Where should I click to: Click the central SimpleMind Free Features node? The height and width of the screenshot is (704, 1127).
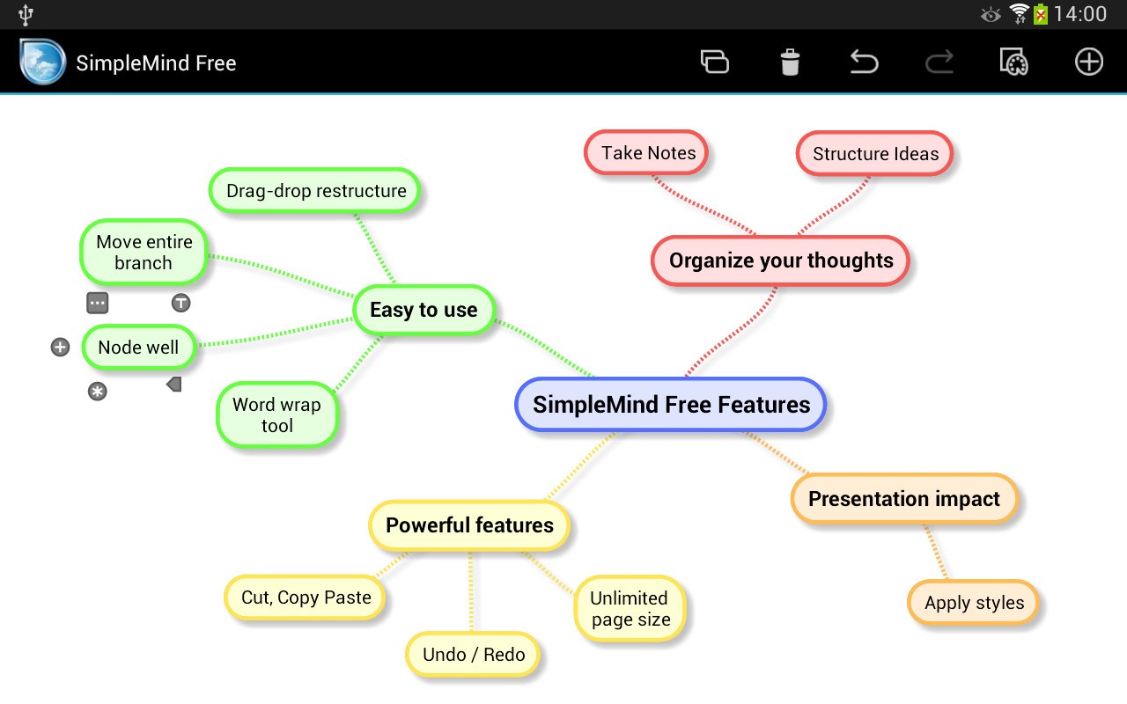[671, 405]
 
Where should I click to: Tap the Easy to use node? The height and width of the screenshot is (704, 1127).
[424, 310]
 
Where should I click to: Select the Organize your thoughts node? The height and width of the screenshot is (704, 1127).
[781, 260]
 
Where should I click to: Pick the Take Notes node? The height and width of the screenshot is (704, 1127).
[648, 153]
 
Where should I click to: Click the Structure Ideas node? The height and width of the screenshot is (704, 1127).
[875, 154]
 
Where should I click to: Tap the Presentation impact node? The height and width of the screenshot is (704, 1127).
[904, 499]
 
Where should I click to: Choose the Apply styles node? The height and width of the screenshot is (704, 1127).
[974, 604]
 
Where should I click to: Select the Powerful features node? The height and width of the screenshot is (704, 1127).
[469, 525]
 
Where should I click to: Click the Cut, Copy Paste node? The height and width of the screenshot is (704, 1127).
[306, 598]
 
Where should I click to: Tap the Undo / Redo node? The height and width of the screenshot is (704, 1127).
[474, 655]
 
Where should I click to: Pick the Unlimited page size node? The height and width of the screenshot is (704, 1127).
[630, 609]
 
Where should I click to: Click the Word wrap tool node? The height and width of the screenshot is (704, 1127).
[276, 415]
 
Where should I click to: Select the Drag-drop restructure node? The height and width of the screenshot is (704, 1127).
[315, 191]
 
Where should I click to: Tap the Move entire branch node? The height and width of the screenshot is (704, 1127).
[144, 253]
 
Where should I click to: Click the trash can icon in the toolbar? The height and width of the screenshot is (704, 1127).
[790, 62]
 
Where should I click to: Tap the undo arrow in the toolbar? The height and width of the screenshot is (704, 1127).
[865, 62]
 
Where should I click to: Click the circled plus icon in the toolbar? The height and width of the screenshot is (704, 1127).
[1089, 62]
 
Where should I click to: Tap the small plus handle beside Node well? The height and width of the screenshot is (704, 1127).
[60, 348]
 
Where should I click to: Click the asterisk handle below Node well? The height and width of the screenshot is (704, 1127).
[98, 392]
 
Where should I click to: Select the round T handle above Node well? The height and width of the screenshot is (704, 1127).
[180, 304]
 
